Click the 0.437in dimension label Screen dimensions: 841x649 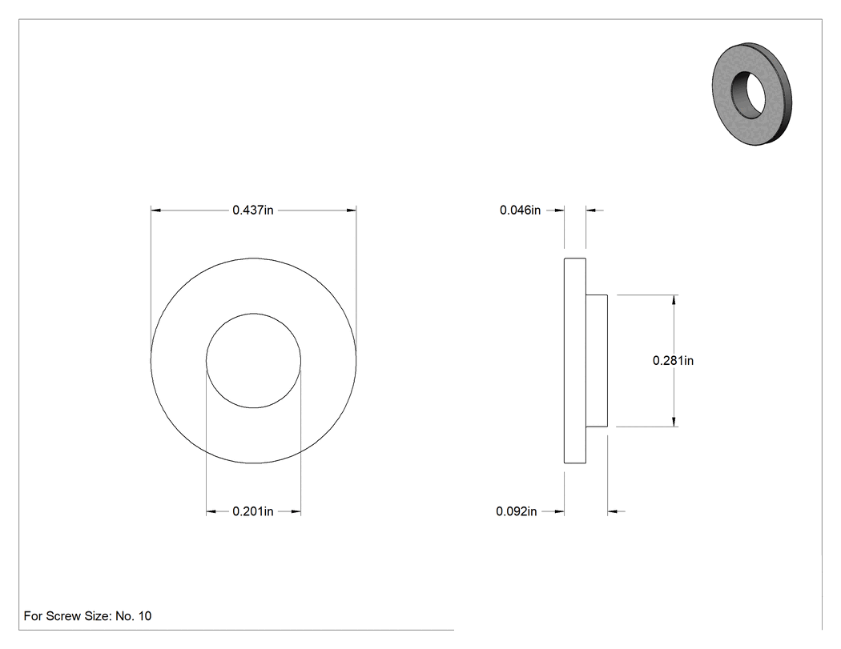coord(252,210)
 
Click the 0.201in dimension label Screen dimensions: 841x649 coord(252,511)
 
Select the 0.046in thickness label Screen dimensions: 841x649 coord(520,210)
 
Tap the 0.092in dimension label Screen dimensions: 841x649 coord(516,511)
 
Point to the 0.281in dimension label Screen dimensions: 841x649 coord(673,361)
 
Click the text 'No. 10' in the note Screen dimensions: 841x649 coord(134,615)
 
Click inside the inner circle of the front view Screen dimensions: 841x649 coord(253,361)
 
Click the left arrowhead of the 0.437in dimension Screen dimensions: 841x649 coord(155,210)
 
